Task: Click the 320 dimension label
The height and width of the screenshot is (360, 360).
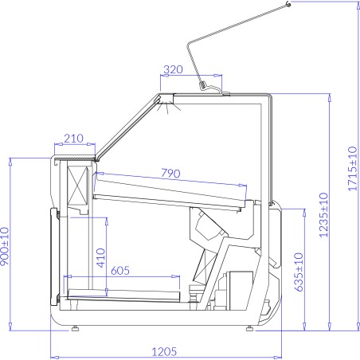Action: [172, 70]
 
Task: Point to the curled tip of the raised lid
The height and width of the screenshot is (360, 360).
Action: [288, 5]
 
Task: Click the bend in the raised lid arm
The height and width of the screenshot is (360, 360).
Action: [188, 43]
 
